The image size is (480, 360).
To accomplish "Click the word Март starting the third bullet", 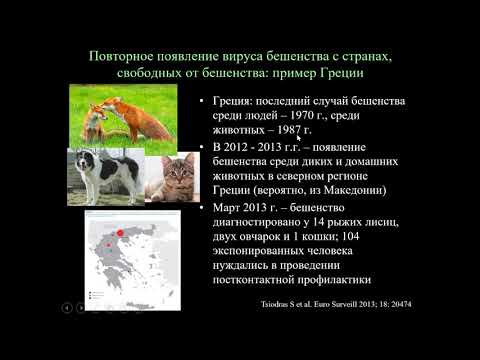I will pos(225,207).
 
